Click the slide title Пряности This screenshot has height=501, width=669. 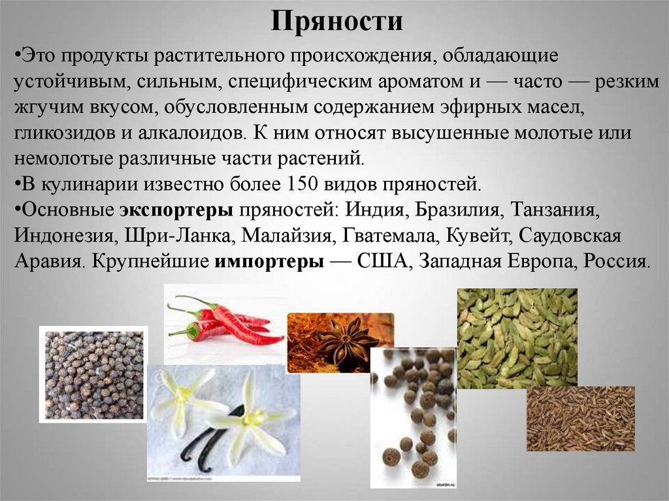337,22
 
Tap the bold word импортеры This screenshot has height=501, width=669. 269,261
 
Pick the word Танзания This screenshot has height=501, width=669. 555,210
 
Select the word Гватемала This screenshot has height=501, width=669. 403,236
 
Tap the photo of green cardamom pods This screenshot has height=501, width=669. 517,337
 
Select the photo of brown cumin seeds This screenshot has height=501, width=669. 580,418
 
